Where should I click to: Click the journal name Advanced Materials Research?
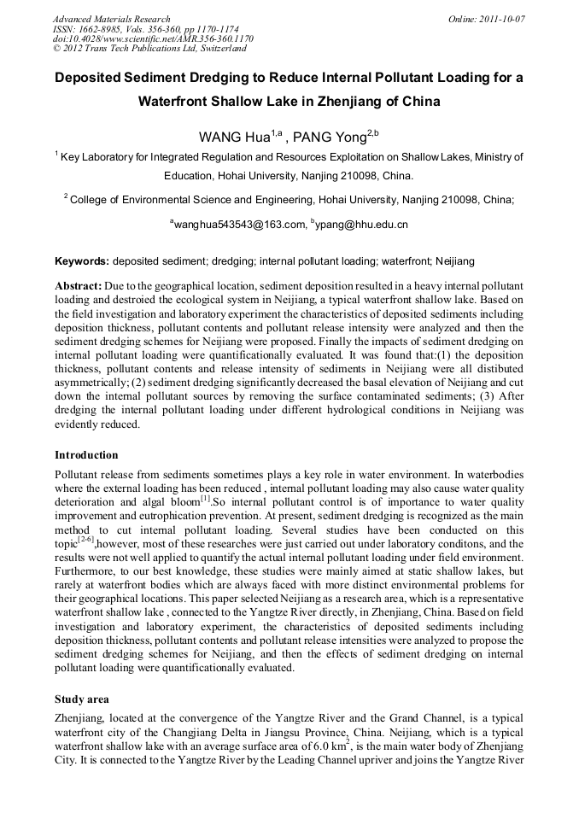point(111,19)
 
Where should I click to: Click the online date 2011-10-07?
point(500,19)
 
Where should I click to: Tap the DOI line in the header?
point(153,39)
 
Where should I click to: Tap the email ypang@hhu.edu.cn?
point(362,225)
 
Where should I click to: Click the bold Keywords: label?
point(82,260)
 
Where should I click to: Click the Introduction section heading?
point(86,455)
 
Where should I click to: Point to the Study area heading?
point(82,699)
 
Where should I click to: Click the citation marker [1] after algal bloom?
point(205,496)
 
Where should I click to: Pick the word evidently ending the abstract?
point(82,424)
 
